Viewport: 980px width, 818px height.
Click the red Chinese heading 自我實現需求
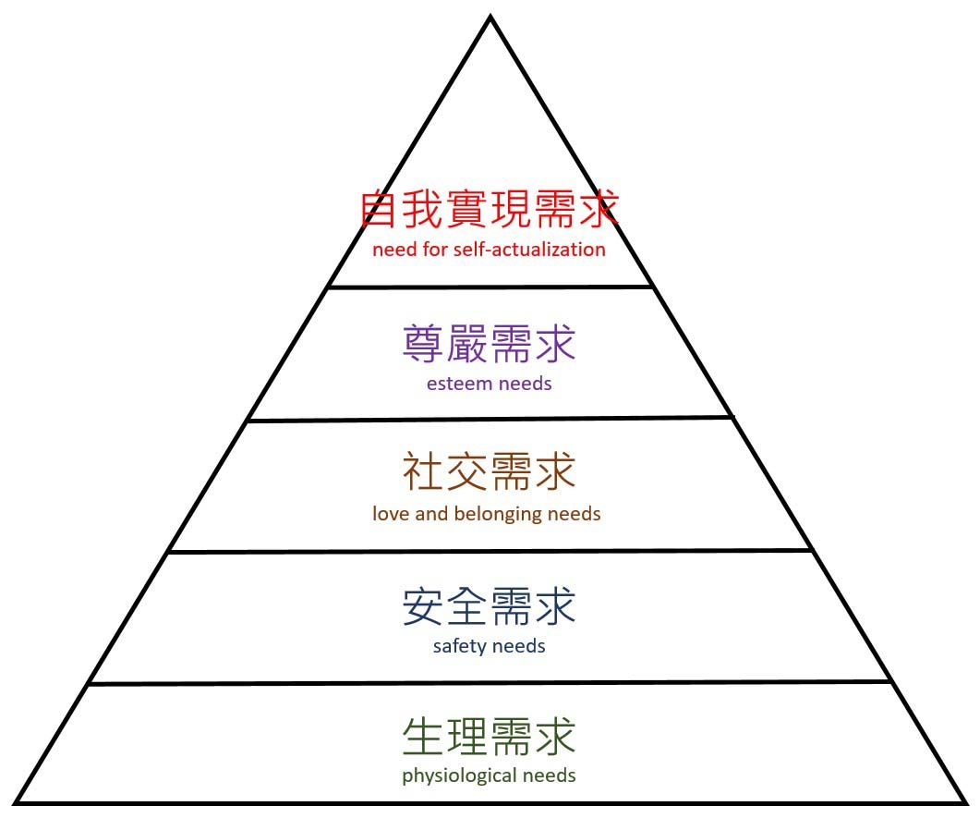490,209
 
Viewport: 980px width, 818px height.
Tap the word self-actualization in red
529,250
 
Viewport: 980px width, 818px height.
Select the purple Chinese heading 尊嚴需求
489,343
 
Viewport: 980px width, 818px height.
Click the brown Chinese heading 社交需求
489,471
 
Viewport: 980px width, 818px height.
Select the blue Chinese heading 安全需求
489,605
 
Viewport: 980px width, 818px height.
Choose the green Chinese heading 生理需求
489,736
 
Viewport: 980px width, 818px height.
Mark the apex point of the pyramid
490,17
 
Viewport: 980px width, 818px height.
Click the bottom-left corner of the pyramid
15,802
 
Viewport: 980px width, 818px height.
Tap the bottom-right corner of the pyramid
966,802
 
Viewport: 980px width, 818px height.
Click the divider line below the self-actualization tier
490,287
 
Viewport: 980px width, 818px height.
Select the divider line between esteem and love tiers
490,419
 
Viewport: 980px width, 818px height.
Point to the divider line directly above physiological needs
490,683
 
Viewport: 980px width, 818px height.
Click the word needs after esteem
526,384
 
